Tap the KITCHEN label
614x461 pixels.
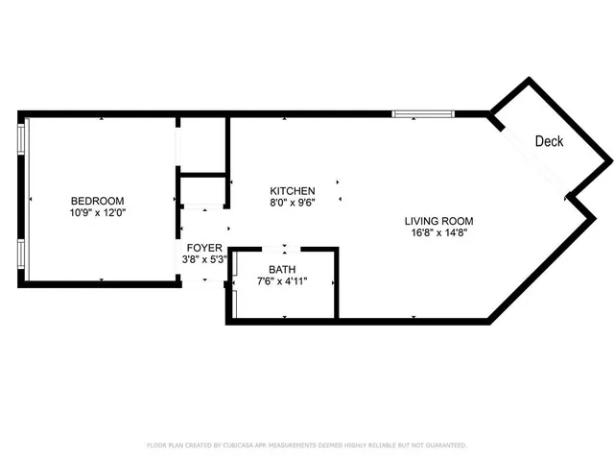pyautogui.click(x=293, y=191)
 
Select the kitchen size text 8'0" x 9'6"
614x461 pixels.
pyautogui.click(x=293, y=203)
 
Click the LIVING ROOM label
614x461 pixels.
pyautogui.click(x=438, y=221)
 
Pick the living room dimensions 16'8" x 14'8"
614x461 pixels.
pyautogui.click(x=438, y=232)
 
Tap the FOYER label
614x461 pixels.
pyautogui.click(x=204, y=248)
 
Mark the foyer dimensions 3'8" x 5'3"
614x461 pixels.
pyautogui.click(x=204, y=259)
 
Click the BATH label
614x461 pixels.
pyautogui.click(x=282, y=270)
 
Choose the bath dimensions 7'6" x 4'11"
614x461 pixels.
pyautogui.click(x=282, y=281)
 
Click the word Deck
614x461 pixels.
pyautogui.click(x=549, y=141)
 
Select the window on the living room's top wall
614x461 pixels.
pyautogui.click(x=422, y=114)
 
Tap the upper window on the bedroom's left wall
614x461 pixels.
pyautogui.click(x=22, y=137)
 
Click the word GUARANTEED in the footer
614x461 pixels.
pyautogui.click(x=445, y=446)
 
